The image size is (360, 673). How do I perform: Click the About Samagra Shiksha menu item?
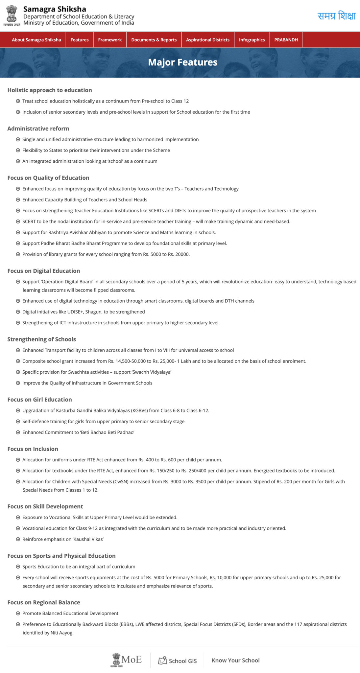pyautogui.click(x=36, y=40)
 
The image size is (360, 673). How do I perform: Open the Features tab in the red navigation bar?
pyautogui.click(x=80, y=40)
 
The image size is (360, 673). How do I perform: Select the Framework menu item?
pyautogui.click(x=110, y=40)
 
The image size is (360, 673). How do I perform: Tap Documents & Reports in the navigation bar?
pyautogui.click(x=154, y=40)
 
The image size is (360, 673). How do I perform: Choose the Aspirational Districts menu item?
pyautogui.click(x=208, y=40)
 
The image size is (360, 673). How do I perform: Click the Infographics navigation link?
pyautogui.click(x=252, y=40)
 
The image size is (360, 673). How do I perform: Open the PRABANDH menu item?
pyautogui.click(x=286, y=40)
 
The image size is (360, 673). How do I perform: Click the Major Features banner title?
pyautogui.click(x=183, y=62)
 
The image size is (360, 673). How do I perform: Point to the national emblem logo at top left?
pyautogui.click(x=12, y=15)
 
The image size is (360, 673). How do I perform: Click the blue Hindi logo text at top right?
pyautogui.click(x=337, y=16)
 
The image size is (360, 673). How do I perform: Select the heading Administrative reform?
pyautogui.click(x=38, y=128)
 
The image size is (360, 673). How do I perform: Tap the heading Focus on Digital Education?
pyautogui.click(x=44, y=271)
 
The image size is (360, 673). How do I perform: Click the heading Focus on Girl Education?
pyautogui.click(x=39, y=400)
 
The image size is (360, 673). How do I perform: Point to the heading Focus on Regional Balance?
pyautogui.click(x=44, y=602)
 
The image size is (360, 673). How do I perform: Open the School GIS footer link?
pyautogui.click(x=178, y=661)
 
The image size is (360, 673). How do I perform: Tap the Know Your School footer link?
pyautogui.click(x=235, y=661)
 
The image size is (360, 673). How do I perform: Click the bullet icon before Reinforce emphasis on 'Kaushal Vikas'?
pyautogui.click(x=18, y=539)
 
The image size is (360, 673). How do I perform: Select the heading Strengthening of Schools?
pyautogui.click(x=42, y=339)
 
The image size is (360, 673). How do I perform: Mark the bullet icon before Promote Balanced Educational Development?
pyautogui.click(x=18, y=613)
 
